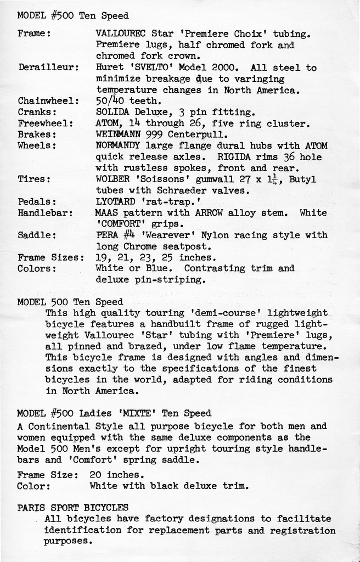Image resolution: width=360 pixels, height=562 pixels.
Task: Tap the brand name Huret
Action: tap(109, 68)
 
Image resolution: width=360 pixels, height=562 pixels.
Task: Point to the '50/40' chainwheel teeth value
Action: tap(110, 101)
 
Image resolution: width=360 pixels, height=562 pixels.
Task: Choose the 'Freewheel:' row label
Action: tap(45, 123)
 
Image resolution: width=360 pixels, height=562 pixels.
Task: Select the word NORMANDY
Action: tap(117, 146)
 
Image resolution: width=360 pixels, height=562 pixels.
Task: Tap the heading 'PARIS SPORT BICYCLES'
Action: tap(73, 508)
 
